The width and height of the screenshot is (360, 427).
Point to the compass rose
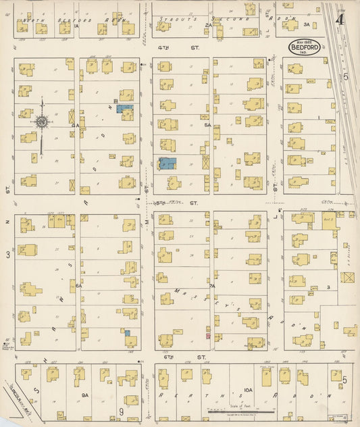coord(41,122)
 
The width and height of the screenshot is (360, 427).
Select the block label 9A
coord(85,395)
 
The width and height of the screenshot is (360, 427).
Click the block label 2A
coord(209,25)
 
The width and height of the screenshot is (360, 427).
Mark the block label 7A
coord(211,286)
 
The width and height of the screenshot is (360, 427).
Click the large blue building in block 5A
coord(167,163)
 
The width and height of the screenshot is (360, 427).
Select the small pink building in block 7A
coord(208,335)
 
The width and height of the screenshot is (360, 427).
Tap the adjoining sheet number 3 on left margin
coord(8,254)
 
